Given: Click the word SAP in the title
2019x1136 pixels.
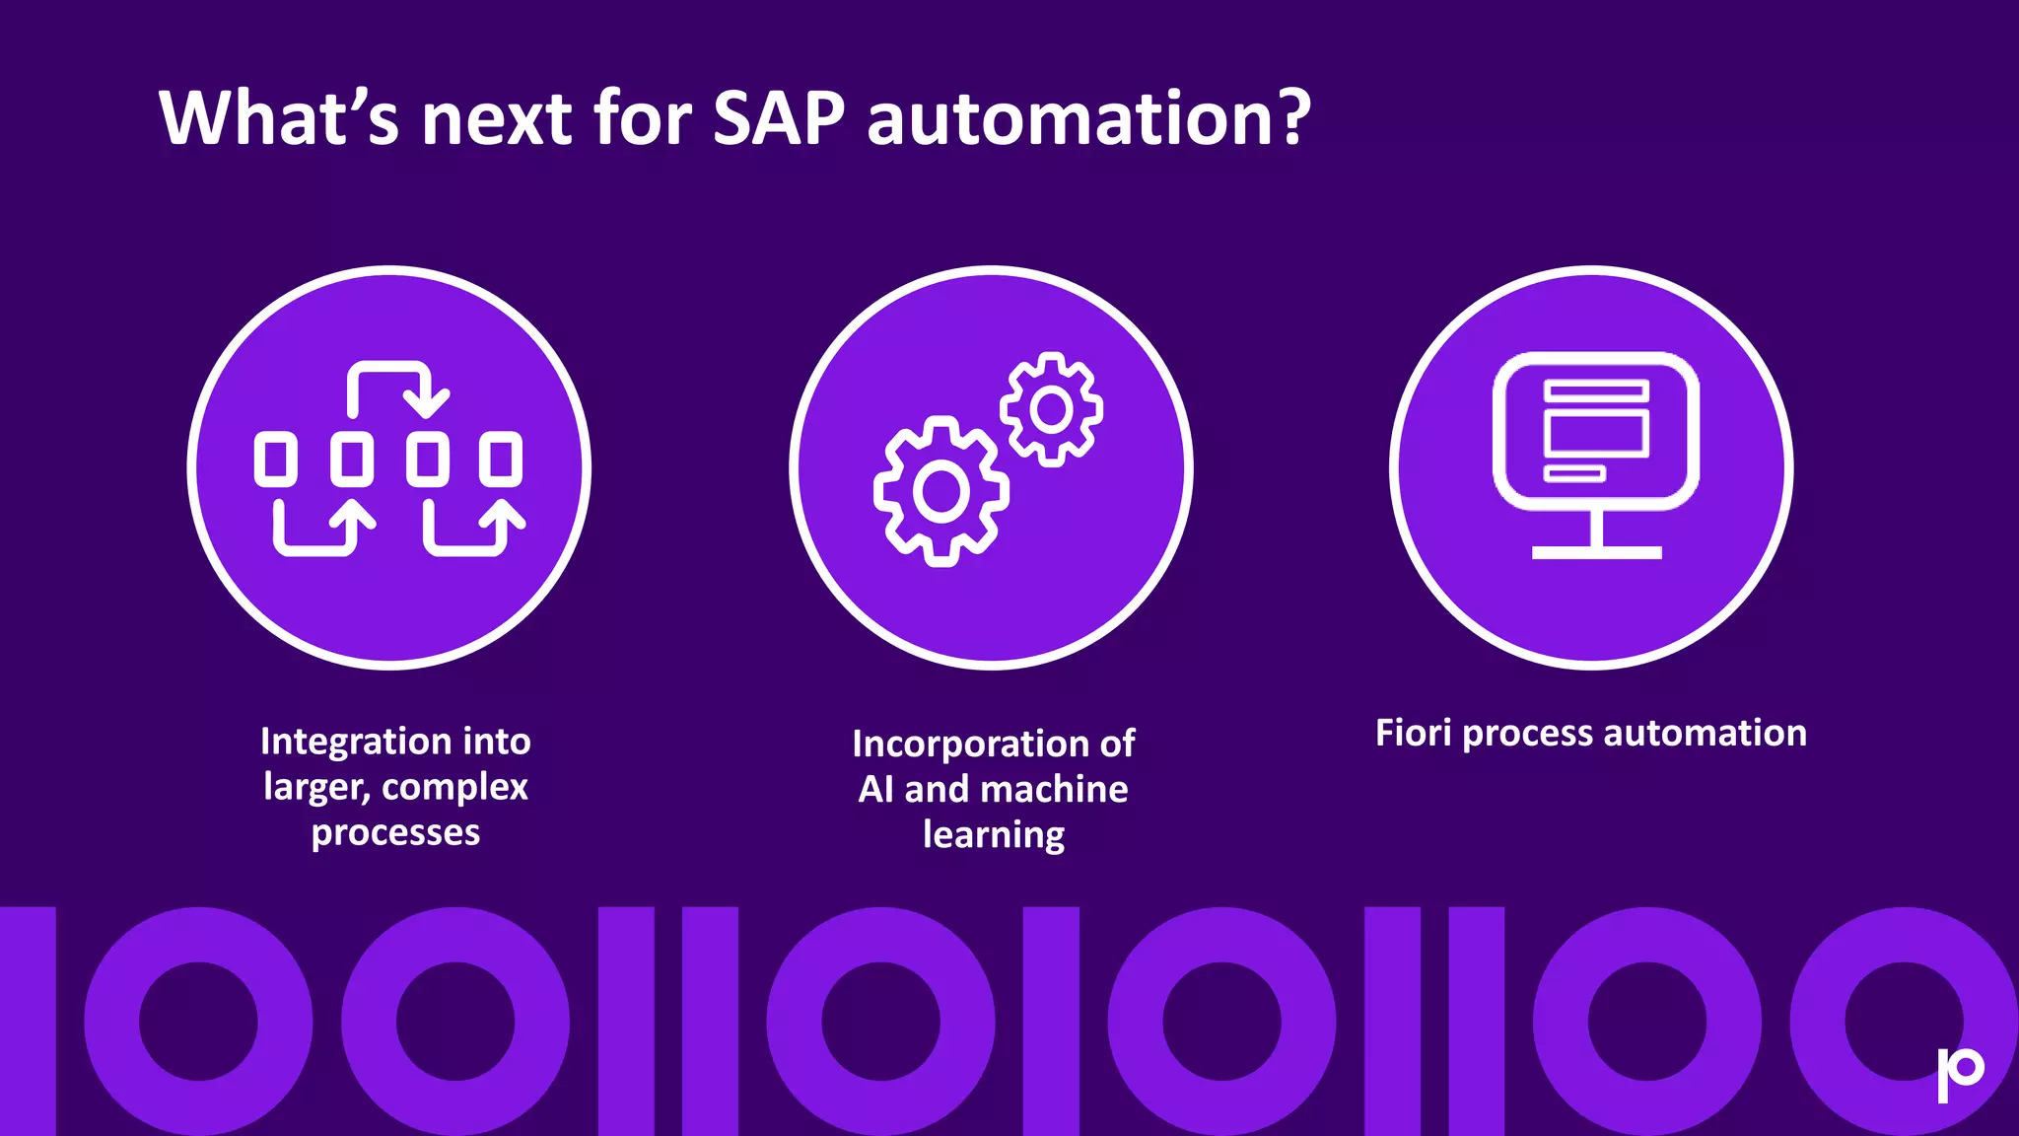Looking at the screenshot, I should pos(778,118).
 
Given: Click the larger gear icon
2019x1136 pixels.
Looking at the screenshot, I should pos(940,491).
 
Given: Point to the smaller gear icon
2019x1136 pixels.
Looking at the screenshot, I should pos(1051,408).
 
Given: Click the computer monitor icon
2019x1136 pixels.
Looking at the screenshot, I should pos(1595,431).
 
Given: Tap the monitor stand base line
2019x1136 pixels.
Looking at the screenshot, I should pos(1596,552).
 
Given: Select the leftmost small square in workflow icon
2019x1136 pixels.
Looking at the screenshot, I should pos(275,459).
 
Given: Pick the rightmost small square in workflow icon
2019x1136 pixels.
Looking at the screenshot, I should pos(501,459).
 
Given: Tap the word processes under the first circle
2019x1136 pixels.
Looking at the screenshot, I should pos(395,833).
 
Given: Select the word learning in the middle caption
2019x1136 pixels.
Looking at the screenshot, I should pos(994,835).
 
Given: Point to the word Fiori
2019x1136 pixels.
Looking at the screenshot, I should pos(1413,733).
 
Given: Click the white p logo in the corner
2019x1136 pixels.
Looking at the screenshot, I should pos(1960,1073).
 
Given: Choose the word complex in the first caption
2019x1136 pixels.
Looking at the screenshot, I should pos(454,788).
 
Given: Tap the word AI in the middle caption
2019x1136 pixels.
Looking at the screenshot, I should pos(875,790).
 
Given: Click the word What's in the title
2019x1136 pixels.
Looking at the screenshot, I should pos(279,118).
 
